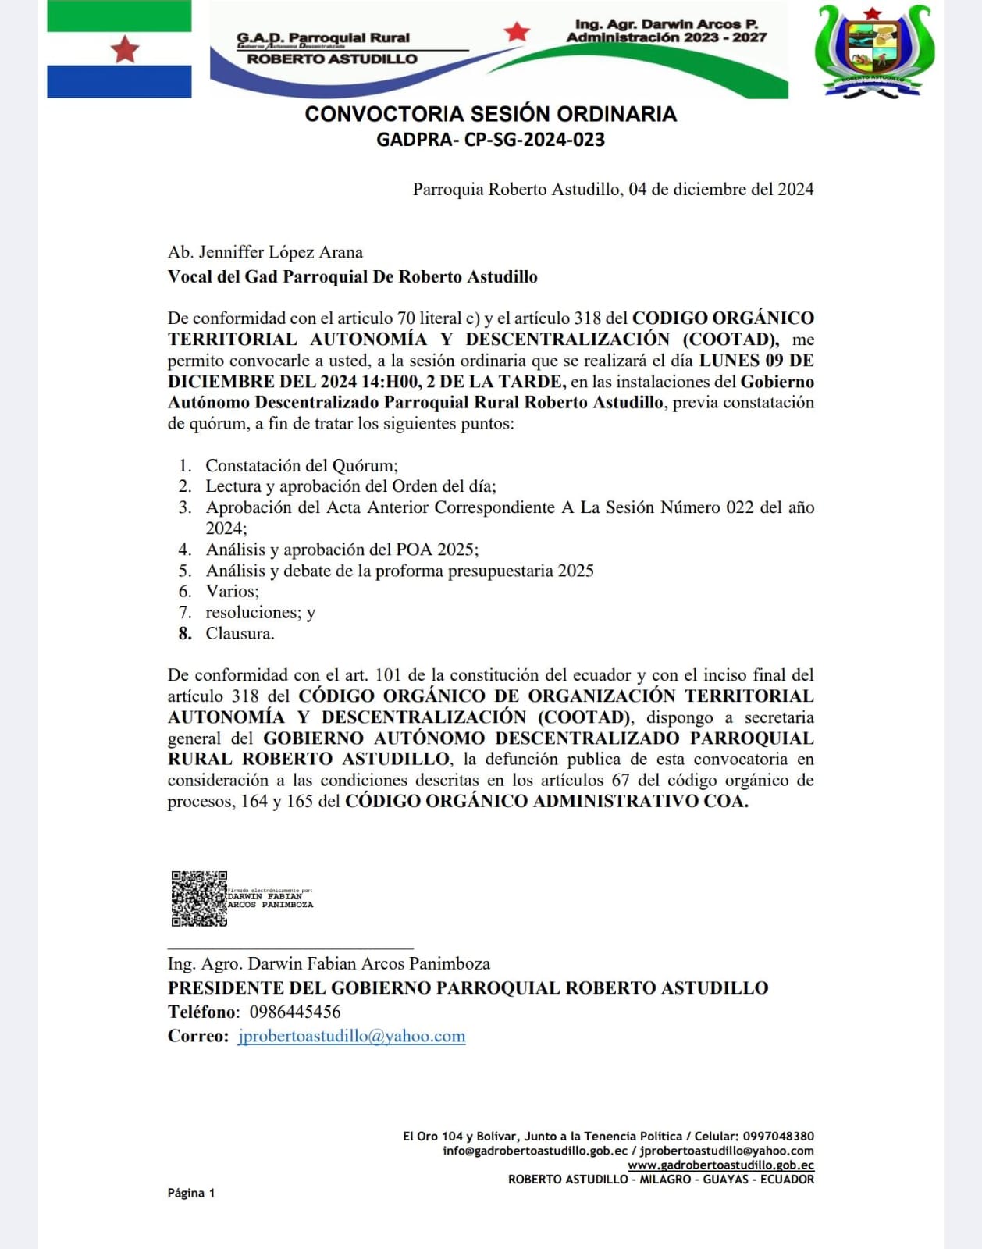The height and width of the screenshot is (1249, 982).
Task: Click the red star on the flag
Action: (x=124, y=49)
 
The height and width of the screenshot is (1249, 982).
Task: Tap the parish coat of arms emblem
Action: (x=873, y=52)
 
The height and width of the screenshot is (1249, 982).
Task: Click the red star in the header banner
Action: (x=516, y=32)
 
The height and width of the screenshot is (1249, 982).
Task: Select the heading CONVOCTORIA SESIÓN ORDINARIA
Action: (x=490, y=114)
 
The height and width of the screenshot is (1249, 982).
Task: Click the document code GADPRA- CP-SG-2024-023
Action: (x=490, y=140)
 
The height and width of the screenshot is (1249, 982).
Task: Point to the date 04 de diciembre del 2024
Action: (x=720, y=189)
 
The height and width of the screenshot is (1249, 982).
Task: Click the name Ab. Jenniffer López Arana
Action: (x=265, y=252)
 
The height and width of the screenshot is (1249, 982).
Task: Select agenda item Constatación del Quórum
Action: (x=301, y=465)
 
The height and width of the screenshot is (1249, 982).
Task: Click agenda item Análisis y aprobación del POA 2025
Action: (x=342, y=550)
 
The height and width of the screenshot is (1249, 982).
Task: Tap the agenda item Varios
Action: (x=232, y=591)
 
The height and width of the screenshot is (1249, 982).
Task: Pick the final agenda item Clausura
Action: (x=240, y=633)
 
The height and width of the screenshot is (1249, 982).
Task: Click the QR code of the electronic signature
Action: (x=199, y=898)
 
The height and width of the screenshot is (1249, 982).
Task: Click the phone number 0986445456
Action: (x=295, y=1012)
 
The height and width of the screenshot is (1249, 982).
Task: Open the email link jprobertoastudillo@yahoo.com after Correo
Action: (x=351, y=1036)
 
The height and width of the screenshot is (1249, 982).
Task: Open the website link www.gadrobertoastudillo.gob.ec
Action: (x=720, y=1165)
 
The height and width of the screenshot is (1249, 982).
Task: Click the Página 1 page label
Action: (x=190, y=1193)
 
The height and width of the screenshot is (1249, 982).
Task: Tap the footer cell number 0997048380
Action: (x=778, y=1137)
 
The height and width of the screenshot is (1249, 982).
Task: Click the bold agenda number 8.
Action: (x=185, y=633)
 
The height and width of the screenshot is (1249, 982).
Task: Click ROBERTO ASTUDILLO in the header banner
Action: (x=332, y=59)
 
